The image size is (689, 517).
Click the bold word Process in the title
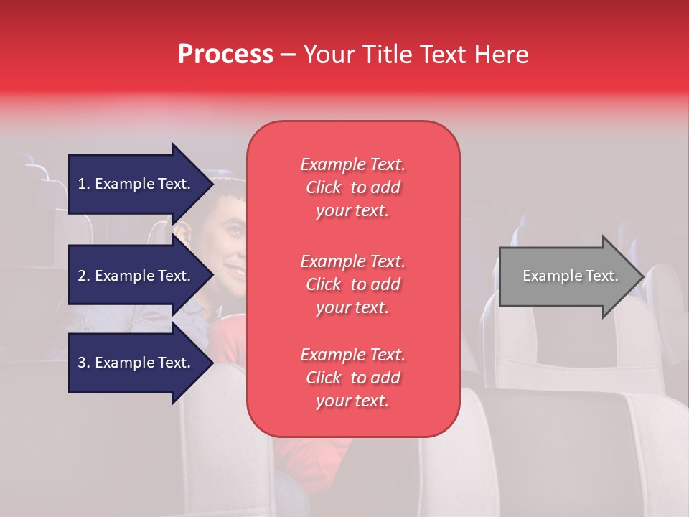[225, 55]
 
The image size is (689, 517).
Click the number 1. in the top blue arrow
[84, 184]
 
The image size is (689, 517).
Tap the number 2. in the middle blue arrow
[84, 276]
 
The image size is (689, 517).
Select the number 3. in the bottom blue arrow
[84, 363]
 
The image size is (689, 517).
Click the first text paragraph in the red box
[352, 187]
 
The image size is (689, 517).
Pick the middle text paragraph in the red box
[352, 284]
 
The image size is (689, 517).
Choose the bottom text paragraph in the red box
[352, 378]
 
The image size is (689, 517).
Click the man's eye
[235, 231]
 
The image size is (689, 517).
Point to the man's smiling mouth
[234, 271]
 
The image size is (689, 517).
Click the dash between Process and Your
[288, 55]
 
